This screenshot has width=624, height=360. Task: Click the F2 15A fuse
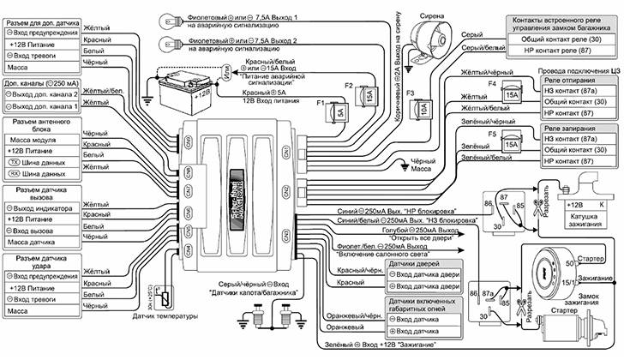370,98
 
